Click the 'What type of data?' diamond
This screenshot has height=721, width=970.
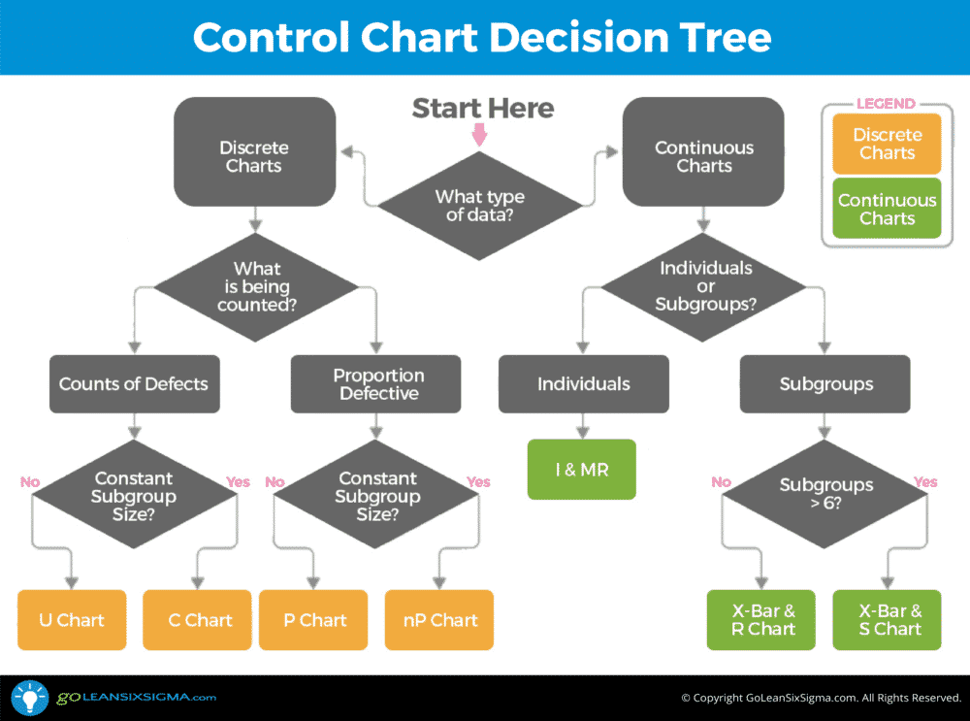[x=479, y=205]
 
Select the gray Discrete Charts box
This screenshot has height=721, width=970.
[x=254, y=156]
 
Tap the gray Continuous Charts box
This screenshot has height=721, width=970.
[x=704, y=156]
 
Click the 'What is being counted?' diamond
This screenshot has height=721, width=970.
[x=257, y=286]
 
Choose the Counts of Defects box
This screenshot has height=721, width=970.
[x=134, y=383]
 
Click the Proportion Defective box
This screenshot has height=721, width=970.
[x=378, y=383]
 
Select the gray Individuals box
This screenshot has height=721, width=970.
[x=584, y=383]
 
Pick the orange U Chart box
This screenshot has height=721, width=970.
[x=72, y=620]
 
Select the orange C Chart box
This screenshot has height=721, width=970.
[x=200, y=620]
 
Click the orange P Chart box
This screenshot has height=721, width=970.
[x=314, y=620]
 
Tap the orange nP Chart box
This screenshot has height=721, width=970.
[x=440, y=620]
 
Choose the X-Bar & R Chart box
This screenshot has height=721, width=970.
[x=763, y=620]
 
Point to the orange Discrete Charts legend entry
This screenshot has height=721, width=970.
[x=887, y=144]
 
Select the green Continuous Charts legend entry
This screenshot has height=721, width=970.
[x=887, y=209]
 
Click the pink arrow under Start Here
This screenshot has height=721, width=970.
[x=478, y=136]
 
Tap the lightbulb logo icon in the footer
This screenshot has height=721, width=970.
[x=29, y=698]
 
